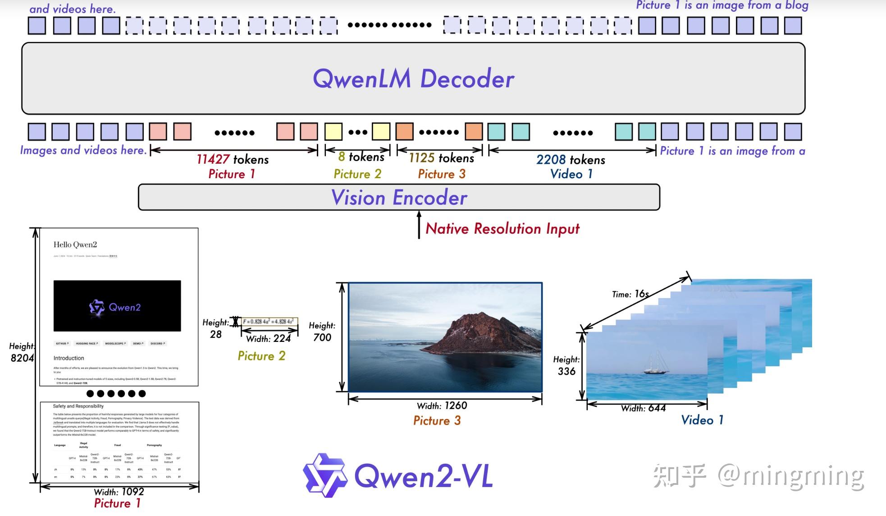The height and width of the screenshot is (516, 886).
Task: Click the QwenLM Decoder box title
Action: point(413,79)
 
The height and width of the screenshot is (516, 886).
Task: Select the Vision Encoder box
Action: point(399,198)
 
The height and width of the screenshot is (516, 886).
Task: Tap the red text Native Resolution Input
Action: point(502,229)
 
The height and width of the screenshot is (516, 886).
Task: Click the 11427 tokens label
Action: point(233,159)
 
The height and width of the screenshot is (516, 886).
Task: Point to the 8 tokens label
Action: point(361,157)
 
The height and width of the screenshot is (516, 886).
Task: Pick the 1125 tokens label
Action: point(441,158)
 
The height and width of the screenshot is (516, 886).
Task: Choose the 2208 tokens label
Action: point(571,160)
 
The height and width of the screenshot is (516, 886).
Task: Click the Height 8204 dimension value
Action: point(22,358)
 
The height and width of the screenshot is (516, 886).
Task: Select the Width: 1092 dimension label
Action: point(119,491)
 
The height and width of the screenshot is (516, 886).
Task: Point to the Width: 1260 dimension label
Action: point(442,405)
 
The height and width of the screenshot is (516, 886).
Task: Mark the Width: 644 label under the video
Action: point(643,408)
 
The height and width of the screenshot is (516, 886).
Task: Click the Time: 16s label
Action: point(630,294)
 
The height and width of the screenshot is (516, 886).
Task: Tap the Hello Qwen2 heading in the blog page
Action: point(75,244)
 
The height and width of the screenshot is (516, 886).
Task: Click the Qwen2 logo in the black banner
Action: point(115,308)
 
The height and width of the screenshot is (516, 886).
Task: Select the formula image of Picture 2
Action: point(269,322)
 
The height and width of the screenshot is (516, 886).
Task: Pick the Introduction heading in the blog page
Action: point(69,358)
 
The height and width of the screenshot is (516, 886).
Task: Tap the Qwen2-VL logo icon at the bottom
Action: point(324,475)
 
